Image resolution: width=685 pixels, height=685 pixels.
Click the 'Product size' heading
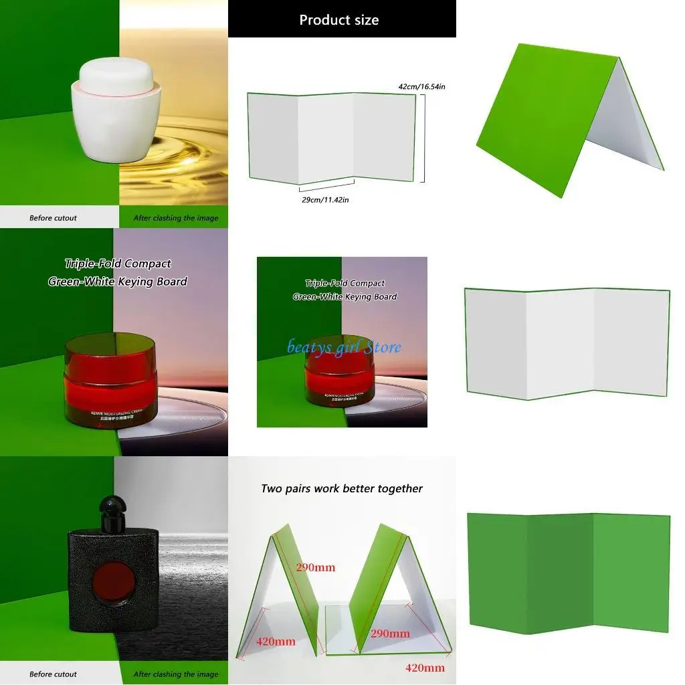339,20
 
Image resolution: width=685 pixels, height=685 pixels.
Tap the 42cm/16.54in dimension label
421,87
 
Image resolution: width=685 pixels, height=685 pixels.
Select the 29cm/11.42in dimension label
325,199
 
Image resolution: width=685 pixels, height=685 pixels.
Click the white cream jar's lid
117,76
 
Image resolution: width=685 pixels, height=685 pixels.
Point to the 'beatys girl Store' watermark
345,347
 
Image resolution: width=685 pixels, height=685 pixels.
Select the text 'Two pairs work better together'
342,489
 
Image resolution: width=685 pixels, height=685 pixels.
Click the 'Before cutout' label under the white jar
53,218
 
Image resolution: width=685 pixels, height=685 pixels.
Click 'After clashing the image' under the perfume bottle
175,674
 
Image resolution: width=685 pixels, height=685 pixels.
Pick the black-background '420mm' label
275,642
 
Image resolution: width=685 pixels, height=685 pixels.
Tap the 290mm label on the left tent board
315,567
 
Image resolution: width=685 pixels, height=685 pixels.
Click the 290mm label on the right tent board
390,633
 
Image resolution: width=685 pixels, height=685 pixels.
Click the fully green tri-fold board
568,573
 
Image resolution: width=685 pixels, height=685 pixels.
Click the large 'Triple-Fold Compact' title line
118,264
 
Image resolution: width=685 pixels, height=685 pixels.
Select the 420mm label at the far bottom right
425,668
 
